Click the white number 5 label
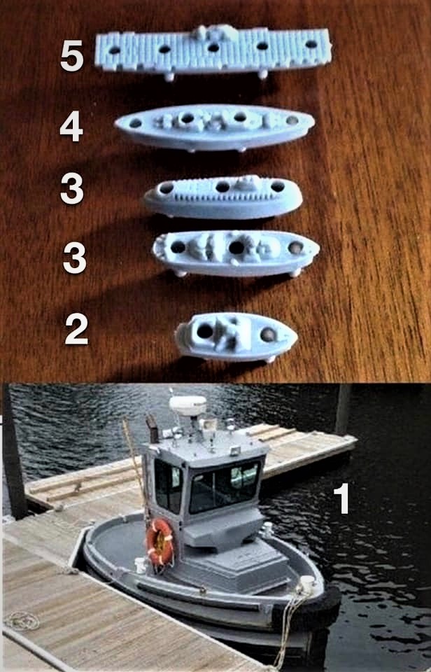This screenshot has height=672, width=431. (x=71, y=56)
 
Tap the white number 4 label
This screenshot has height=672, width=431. (x=71, y=127)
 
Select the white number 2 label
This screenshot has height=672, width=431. (x=76, y=329)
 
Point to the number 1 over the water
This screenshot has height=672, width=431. (x=341, y=498)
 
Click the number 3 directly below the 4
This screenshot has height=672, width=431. (x=71, y=190)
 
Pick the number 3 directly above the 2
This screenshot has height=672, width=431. (x=75, y=258)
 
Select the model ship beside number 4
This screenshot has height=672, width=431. (x=215, y=127)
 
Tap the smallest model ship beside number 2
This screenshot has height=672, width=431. (x=236, y=337)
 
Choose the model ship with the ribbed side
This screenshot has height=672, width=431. (x=222, y=197)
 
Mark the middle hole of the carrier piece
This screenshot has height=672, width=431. (x=213, y=47)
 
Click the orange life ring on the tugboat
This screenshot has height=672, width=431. (x=160, y=542)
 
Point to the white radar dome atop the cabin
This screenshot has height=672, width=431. (x=188, y=405)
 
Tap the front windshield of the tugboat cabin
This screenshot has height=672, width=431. (x=225, y=485)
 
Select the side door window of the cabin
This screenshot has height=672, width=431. (x=168, y=486)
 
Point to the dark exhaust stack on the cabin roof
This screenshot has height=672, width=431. (x=152, y=428)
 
